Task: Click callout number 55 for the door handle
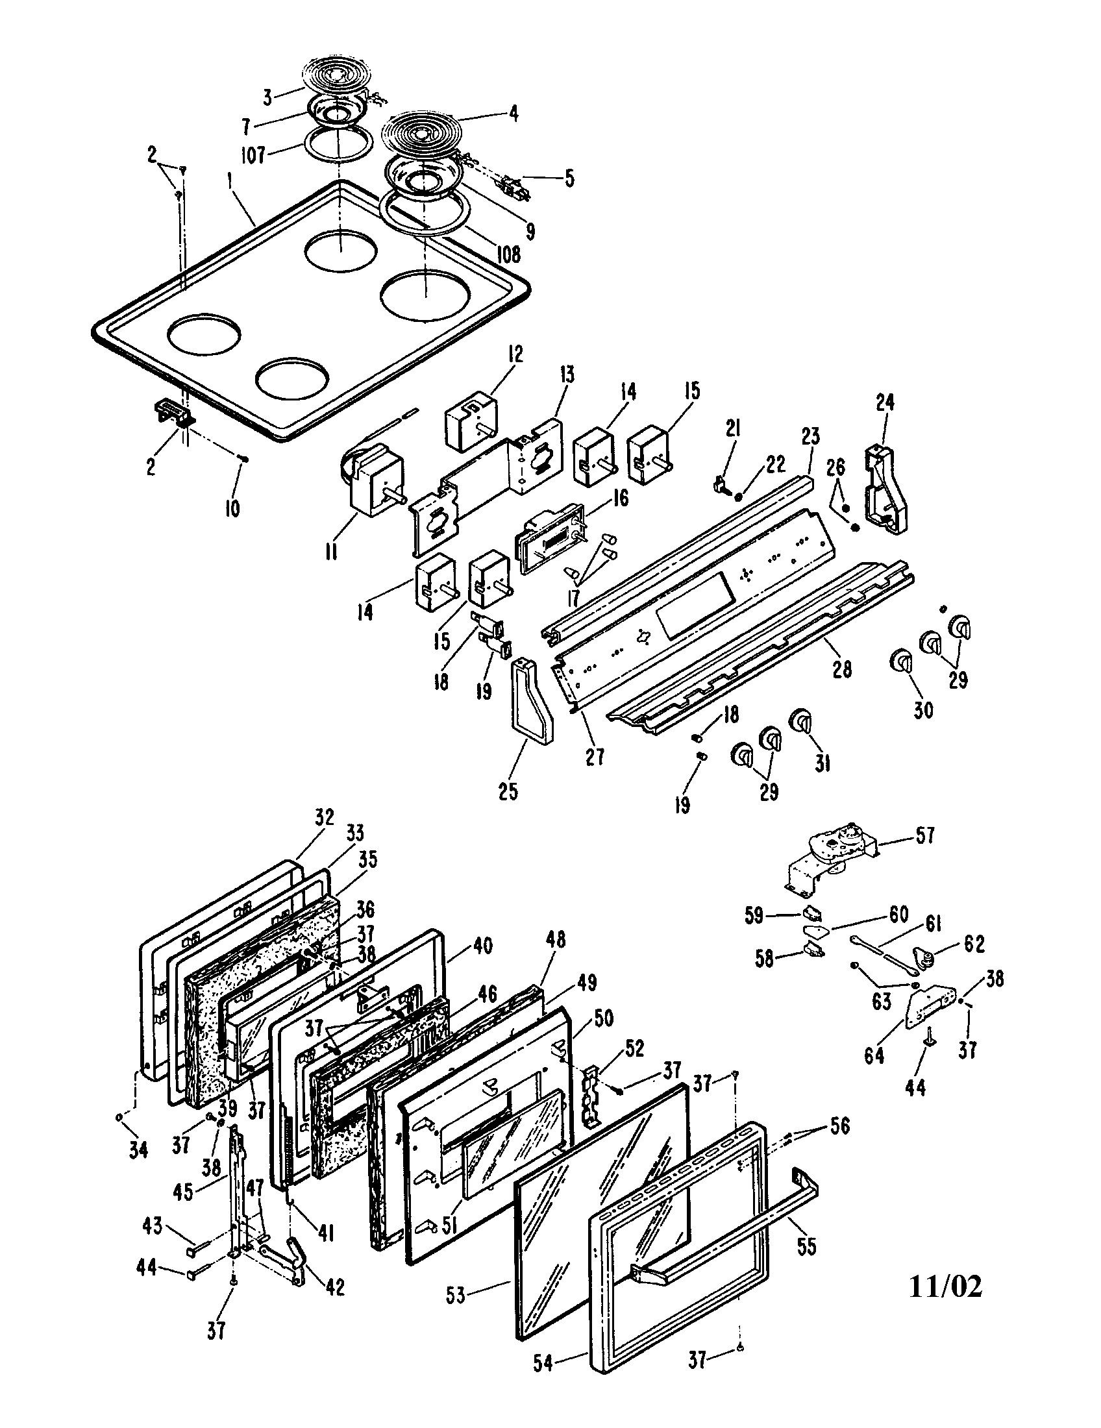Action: [x=807, y=1246]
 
